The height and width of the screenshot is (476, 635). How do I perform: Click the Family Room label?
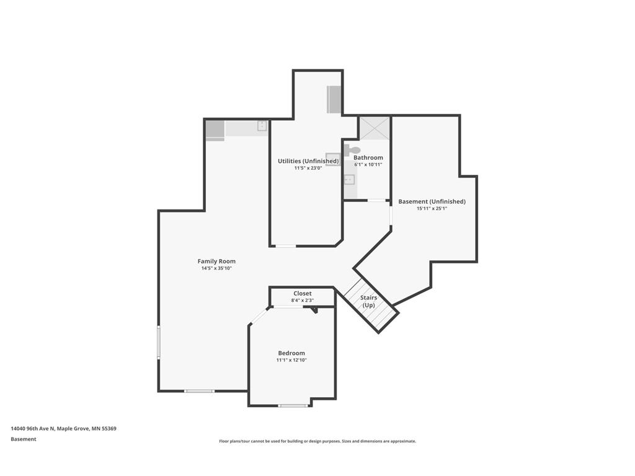pyautogui.click(x=216, y=262)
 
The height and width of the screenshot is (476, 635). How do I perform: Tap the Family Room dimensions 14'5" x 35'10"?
pyautogui.click(x=216, y=268)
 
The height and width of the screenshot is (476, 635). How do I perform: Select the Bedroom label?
pyautogui.click(x=291, y=353)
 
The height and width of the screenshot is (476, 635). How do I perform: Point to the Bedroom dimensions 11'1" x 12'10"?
pyautogui.click(x=291, y=360)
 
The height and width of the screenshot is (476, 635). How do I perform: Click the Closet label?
pyautogui.click(x=303, y=293)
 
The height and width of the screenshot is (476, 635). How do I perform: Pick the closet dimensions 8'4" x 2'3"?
pyautogui.click(x=303, y=301)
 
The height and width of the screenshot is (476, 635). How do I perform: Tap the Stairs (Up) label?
pyautogui.click(x=368, y=301)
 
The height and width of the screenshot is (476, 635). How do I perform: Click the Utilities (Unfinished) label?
pyautogui.click(x=308, y=161)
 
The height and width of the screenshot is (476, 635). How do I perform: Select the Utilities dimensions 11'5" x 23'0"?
pyautogui.click(x=308, y=168)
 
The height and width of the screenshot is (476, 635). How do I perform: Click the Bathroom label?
pyautogui.click(x=368, y=157)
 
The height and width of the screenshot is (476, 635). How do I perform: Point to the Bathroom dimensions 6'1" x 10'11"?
pyautogui.click(x=368, y=165)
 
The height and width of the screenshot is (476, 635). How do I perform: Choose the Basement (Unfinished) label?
pyautogui.click(x=432, y=201)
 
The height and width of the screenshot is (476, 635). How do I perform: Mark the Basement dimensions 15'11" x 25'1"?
pyautogui.click(x=432, y=209)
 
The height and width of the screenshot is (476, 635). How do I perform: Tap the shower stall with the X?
pyautogui.click(x=375, y=128)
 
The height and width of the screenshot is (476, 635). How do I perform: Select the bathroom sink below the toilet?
pyautogui.click(x=349, y=179)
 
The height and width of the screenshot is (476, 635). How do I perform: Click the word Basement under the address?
pyautogui.click(x=24, y=439)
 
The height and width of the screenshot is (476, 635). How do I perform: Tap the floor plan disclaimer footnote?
pyautogui.click(x=317, y=441)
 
